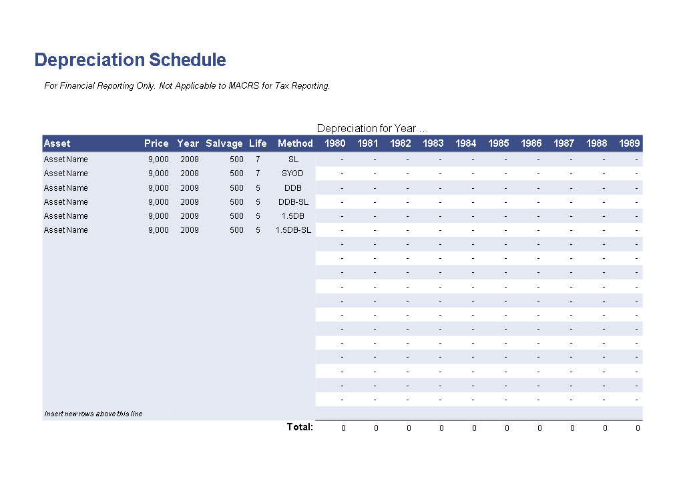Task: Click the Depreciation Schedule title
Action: tap(130, 60)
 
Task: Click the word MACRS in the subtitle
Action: tap(244, 85)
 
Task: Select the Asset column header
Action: tap(57, 143)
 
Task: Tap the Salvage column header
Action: tap(224, 143)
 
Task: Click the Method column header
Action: tap(295, 143)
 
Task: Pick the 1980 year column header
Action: tap(335, 143)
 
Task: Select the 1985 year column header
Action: tap(499, 143)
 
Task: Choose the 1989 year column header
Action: tap(630, 143)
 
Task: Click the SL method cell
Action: tap(293, 159)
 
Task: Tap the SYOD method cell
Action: tap(292, 173)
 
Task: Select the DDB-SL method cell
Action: tap(293, 201)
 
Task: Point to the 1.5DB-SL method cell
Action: tap(293, 230)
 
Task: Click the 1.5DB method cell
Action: tap(292, 216)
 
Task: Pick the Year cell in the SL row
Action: tap(190, 159)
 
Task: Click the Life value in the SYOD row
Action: tap(258, 173)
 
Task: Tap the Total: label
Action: tap(300, 427)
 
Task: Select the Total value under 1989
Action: tap(638, 428)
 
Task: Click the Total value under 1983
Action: tap(441, 428)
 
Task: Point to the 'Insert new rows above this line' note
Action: tap(93, 414)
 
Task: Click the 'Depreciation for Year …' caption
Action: tap(373, 128)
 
